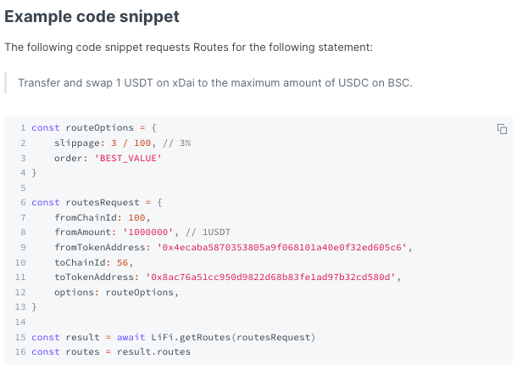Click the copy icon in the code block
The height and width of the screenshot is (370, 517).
(x=502, y=129)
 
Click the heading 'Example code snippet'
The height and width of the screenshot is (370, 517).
(x=92, y=17)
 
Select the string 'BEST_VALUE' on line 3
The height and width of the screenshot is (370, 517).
(x=128, y=158)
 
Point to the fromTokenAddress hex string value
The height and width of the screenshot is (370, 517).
(x=281, y=247)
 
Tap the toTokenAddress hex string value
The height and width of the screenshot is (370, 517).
(x=270, y=277)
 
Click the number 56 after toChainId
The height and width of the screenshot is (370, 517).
(x=122, y=262)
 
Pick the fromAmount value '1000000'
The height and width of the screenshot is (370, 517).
(x=148, y=232)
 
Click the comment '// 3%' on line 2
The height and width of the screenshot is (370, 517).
(x=177, y=143)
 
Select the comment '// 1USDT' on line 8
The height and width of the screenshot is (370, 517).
(x=208, y=232)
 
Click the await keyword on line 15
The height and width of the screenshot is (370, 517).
(x=131, y=337)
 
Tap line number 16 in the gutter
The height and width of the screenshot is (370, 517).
(x=20, y=351)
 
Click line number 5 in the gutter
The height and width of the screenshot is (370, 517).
(x=23, y=188)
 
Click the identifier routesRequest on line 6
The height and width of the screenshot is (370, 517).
(x=103, y=202)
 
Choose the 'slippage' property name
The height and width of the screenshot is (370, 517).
(x=77, y=143)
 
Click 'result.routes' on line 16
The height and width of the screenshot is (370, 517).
(x=153, y=351)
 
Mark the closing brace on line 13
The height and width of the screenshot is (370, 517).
(x=34, y=306)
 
